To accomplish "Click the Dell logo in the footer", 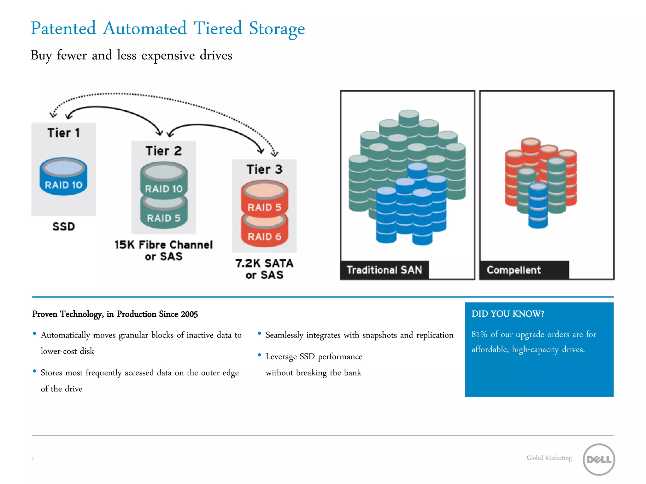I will click(x=598, y=459).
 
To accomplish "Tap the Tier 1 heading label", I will click(x=63, y=133).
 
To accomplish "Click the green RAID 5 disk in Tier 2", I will click(x=164, y=214).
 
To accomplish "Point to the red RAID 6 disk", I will click(x=264, y=233).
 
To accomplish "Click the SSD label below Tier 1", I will click(x=63, y=226).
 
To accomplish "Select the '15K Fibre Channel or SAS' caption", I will click(x=163, y=250).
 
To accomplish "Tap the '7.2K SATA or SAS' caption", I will click(x=264, y=269).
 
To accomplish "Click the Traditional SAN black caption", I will click(x=384, y=270).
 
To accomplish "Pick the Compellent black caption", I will click(x=514, y=270).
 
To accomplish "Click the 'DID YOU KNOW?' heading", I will click(x=508, y=314).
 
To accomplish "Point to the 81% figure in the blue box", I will click(x=479, y=334).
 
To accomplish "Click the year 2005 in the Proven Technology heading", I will click(x=189, y=314).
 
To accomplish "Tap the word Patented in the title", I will click(x=63, y=28).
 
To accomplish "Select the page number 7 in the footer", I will click(x=32, y=458).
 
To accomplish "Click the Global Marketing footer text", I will click(x=549, y=458).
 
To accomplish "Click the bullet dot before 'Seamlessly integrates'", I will click(x=259, y=333).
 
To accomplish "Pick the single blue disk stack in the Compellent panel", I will click(x=538, y=205).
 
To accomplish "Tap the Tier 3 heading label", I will click(x=264, y=170).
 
